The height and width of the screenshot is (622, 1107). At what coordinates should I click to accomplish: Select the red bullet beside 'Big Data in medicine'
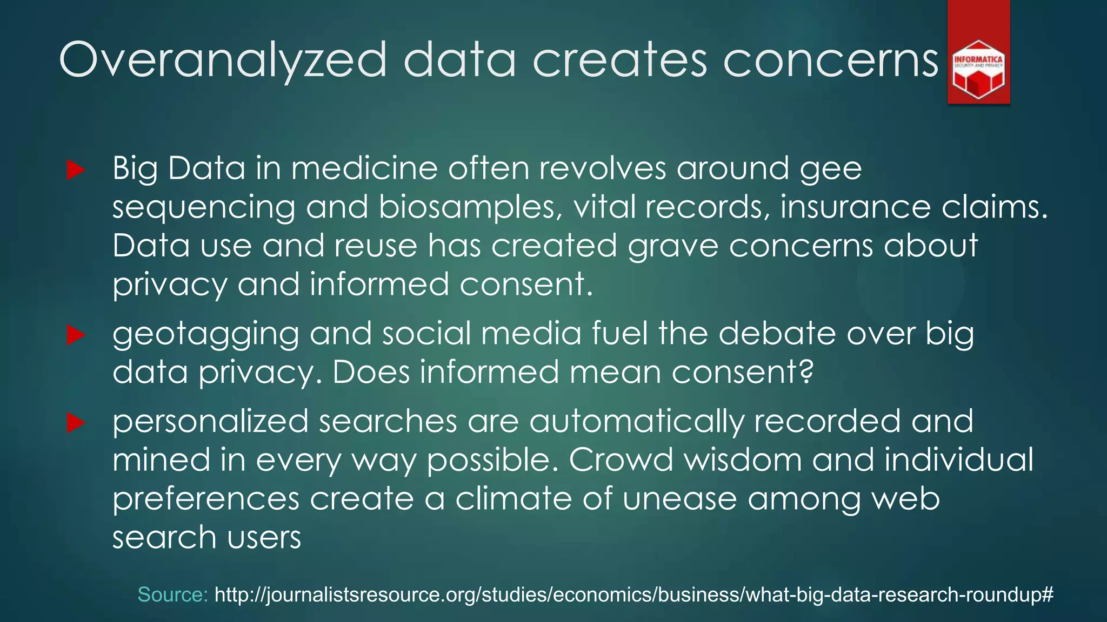(x=76, y=170)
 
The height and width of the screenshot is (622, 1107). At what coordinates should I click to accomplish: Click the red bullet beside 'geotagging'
(x=76, y=335)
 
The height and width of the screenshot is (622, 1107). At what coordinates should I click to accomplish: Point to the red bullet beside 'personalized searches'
(x=76, y=423)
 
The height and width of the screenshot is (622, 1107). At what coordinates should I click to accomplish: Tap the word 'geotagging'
(x=205, y=335)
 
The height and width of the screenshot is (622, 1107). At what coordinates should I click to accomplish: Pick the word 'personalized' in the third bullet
(x=210, y=422)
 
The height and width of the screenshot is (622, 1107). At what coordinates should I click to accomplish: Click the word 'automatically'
(x=636, y=422)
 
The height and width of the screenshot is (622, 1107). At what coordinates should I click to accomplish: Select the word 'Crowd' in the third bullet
(x=621, y=460)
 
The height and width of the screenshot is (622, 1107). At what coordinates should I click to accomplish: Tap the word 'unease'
(x=679, y=499)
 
